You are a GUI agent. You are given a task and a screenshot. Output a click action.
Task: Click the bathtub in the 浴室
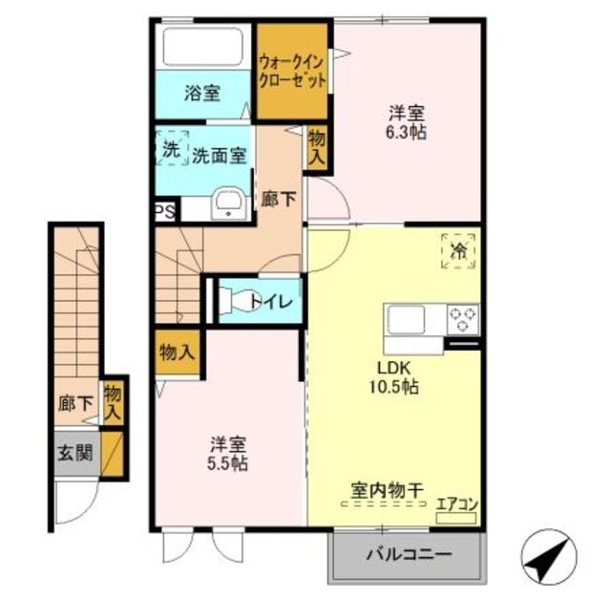[202, 47]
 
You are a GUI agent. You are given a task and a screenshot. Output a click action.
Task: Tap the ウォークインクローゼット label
[292, 71]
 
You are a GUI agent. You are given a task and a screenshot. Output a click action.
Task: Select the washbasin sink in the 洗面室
[229, 203]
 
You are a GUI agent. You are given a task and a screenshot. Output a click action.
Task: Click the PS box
[166, 212]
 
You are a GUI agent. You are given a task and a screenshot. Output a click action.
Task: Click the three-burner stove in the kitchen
[463, 319]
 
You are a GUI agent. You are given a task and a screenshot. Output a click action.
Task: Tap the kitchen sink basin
[406, 320]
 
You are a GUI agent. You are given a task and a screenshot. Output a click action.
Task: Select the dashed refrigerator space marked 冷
[458, 251]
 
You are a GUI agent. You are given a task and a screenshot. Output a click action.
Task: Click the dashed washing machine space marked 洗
[172, 148]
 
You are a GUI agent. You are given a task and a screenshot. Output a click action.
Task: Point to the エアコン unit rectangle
[456, 518]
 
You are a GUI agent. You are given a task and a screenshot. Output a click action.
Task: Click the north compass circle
[549, 556]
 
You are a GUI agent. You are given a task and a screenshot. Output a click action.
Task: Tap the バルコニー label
[410, 554]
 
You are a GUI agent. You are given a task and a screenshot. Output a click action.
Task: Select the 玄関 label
[75, 453]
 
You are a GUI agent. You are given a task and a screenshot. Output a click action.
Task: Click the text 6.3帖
[406, 133]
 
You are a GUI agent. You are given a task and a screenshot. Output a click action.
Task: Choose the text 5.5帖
[227, 464]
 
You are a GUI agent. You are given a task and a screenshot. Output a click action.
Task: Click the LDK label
[393, 368]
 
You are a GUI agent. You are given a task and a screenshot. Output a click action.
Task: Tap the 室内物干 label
[388, 491]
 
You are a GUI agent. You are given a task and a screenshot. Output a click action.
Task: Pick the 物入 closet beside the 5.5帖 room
[178, 353]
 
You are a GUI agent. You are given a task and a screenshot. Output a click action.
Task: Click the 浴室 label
[202, 94]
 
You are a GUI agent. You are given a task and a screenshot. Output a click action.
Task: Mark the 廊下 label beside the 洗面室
[279, 200]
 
